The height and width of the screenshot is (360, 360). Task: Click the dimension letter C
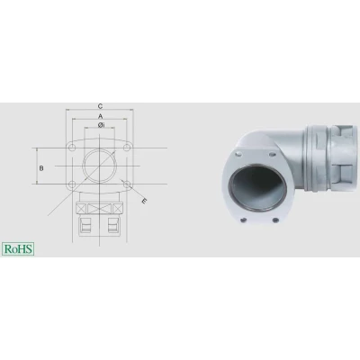[x=101, y=106]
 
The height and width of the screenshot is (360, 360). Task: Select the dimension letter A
[x=101, y=116]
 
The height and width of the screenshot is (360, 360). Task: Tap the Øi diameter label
[x=101, y=125]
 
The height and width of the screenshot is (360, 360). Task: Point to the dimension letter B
[x=41, y=168]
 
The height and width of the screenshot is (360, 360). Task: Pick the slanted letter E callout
[x=144, y=202]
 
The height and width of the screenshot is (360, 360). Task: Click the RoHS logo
[x=18, y=249]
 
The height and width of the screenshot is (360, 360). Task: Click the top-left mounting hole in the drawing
[x=72, y=148]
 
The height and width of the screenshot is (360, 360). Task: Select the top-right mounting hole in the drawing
[x=128, y=148]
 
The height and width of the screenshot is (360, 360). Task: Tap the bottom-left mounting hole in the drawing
[x=72, y=184]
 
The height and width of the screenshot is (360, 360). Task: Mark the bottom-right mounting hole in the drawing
[x=128, y=184]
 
